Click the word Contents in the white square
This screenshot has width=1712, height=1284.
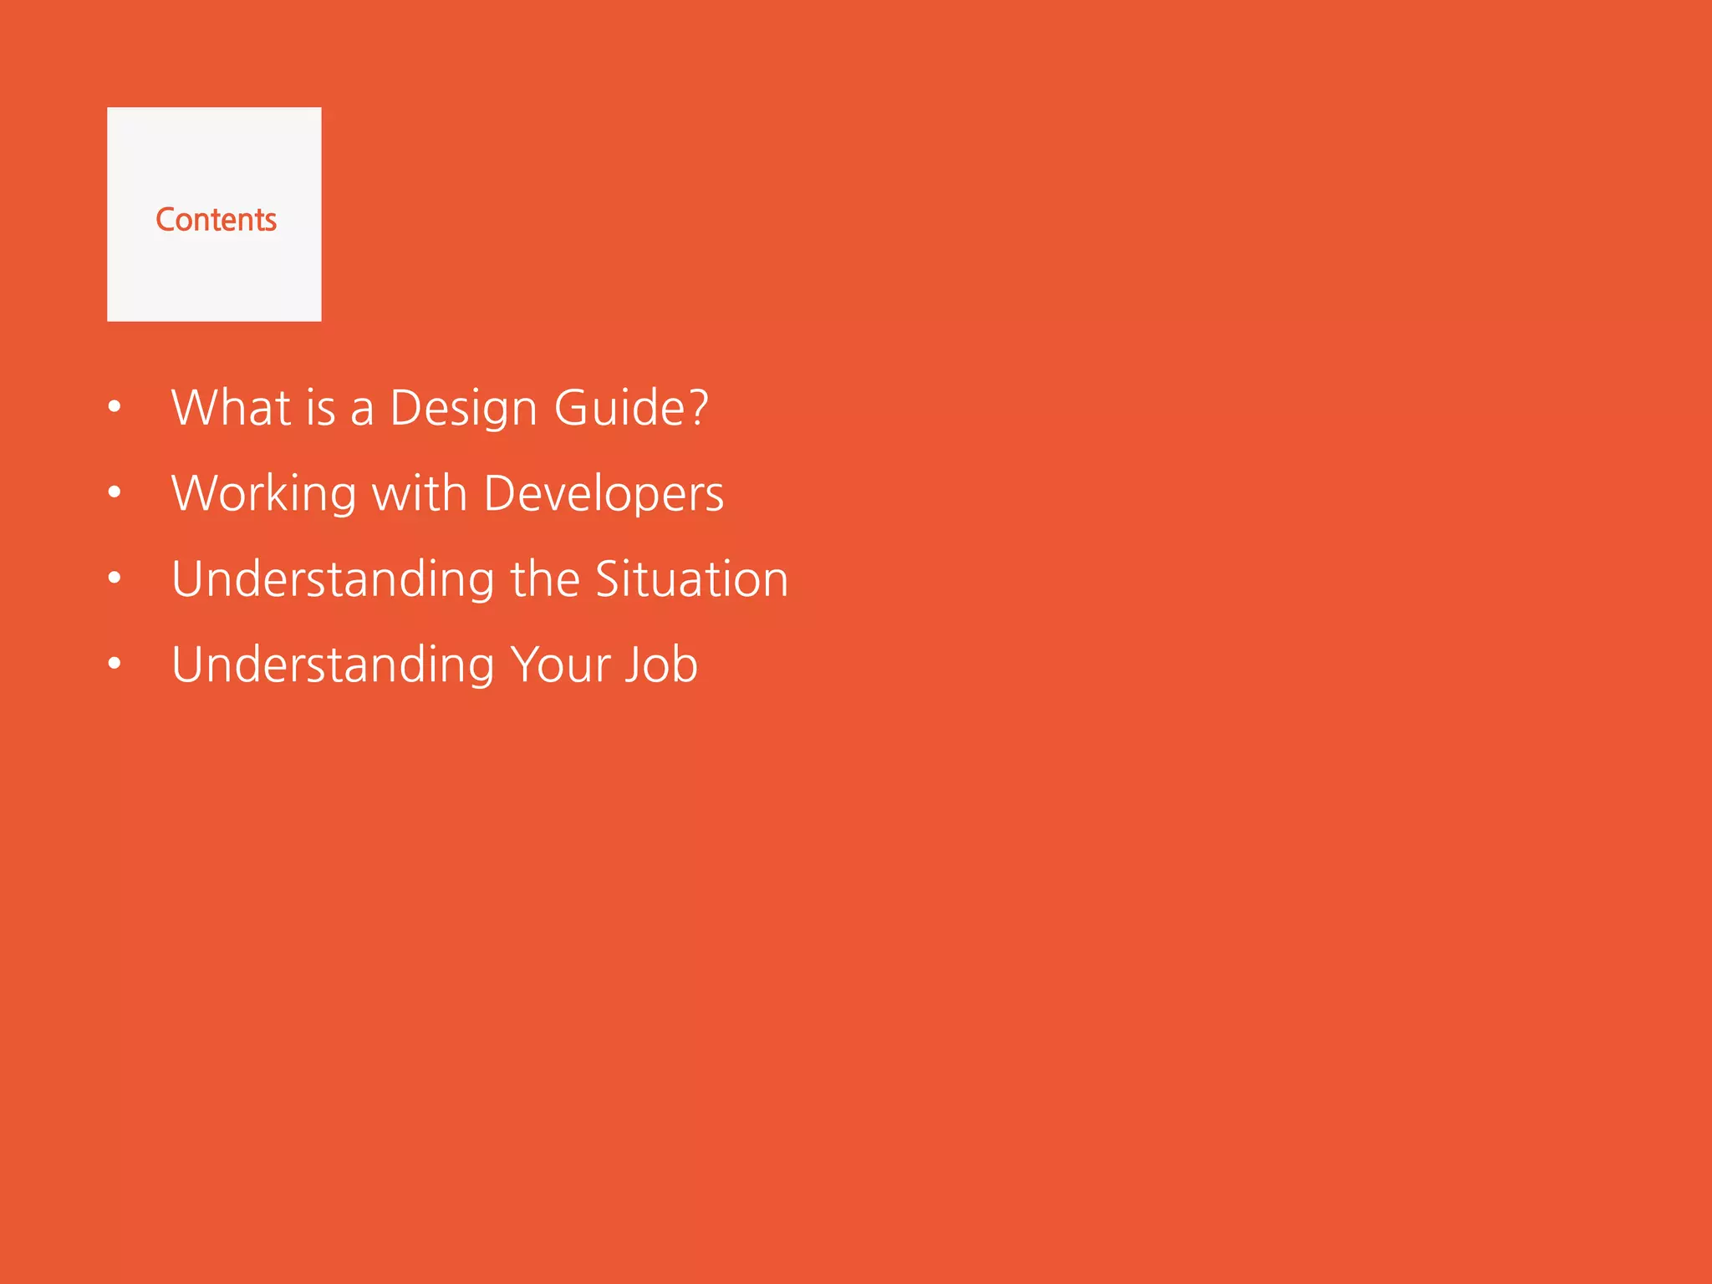(216, 220)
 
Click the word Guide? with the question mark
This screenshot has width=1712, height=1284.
(631, 408)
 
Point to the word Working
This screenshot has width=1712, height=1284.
(264, 495)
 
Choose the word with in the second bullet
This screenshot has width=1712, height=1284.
(419, 493)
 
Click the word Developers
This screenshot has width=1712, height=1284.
(604, 495)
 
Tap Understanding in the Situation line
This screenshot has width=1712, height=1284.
(333, 580)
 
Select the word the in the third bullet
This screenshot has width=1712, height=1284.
(545, 578)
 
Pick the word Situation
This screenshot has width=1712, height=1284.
(692, 578)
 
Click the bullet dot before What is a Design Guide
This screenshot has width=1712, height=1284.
(115, 407)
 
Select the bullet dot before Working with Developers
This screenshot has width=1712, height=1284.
(115, 492)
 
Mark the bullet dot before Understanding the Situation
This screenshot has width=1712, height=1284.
(115, 578)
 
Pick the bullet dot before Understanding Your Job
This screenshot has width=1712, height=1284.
(115, 664)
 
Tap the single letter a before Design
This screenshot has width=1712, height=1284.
(362, 411)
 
